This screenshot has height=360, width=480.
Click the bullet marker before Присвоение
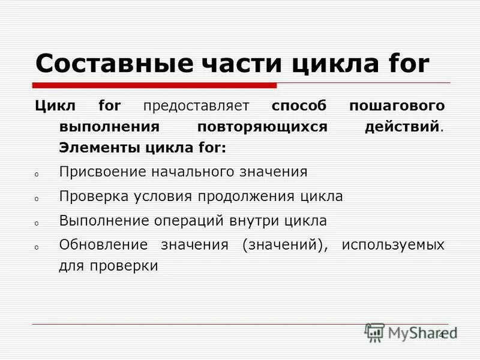coord(36,174)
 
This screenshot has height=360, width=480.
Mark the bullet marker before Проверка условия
coord(36,198)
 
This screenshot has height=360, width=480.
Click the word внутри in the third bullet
coord(253,220)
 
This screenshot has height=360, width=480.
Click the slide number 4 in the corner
coord(442,334)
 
